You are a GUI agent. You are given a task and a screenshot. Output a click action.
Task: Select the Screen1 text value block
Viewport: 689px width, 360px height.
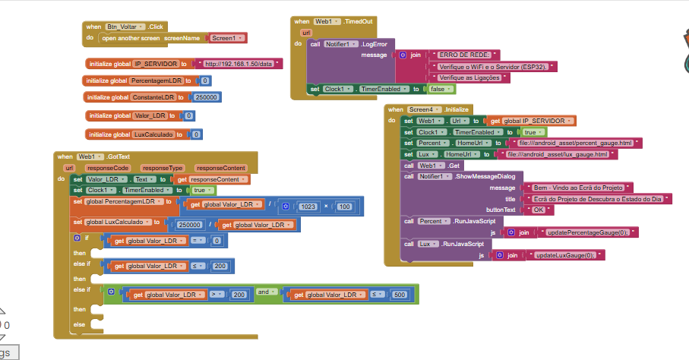click(x=226, y=37)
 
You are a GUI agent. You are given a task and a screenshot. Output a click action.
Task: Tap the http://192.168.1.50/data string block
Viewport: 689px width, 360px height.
click(x=239, y=64)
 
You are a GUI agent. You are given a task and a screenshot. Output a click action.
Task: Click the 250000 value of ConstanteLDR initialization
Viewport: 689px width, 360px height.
click(x=207, y=97)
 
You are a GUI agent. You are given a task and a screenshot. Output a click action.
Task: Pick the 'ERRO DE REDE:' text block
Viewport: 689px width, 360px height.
click(x=464, y=55)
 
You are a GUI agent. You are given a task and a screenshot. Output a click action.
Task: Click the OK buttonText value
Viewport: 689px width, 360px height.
click(x=539, y=210)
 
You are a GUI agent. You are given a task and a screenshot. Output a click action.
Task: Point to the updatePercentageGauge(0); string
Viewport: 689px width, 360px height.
click(x=586, y=232)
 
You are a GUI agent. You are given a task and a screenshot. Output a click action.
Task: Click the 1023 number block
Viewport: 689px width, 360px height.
click(x=308, y=207)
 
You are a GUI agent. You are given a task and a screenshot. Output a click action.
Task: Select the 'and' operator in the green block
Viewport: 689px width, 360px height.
click(x=262, y=292)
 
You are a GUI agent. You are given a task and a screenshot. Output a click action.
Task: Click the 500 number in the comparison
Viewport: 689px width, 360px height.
click(x=400, y=295)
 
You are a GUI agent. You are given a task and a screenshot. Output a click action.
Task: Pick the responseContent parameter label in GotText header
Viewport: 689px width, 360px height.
click(x=221, y=167)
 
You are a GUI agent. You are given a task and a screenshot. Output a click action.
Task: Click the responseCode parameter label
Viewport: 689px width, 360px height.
click(x=107, y=167)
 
